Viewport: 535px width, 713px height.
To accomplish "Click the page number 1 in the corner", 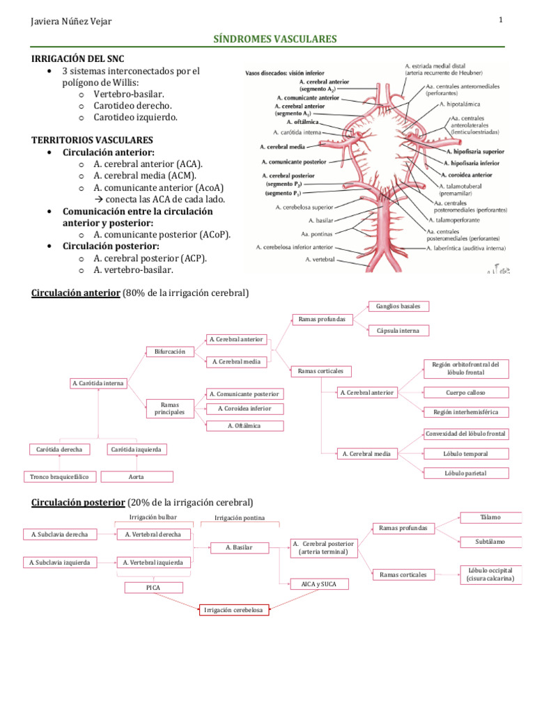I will coord(501,20).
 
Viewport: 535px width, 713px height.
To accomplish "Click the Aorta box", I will coord(137,477).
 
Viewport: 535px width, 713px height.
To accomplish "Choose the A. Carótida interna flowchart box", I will coord(98,383).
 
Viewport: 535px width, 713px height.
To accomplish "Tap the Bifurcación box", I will coord(170,352).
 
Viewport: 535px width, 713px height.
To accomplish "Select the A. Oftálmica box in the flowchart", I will coord(245,425).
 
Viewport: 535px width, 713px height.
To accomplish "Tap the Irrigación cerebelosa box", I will coord(233,610).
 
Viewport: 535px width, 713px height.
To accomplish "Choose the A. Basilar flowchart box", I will coord(239,548).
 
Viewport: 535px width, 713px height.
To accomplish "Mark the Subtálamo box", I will coord(490,541).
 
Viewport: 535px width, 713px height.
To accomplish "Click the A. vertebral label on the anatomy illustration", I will coord(320,260).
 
